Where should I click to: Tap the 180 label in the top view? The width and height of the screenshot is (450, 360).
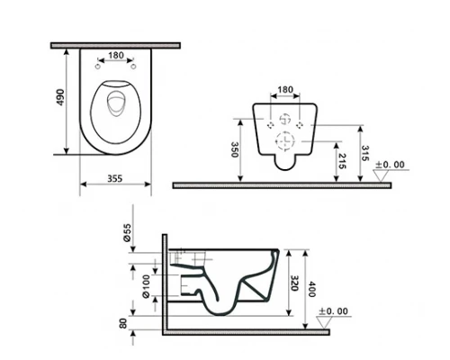tap(115, 54)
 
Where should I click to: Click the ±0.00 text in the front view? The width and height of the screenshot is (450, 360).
tap(389, 164)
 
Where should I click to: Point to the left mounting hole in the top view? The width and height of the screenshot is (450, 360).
tap(97, 66)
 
